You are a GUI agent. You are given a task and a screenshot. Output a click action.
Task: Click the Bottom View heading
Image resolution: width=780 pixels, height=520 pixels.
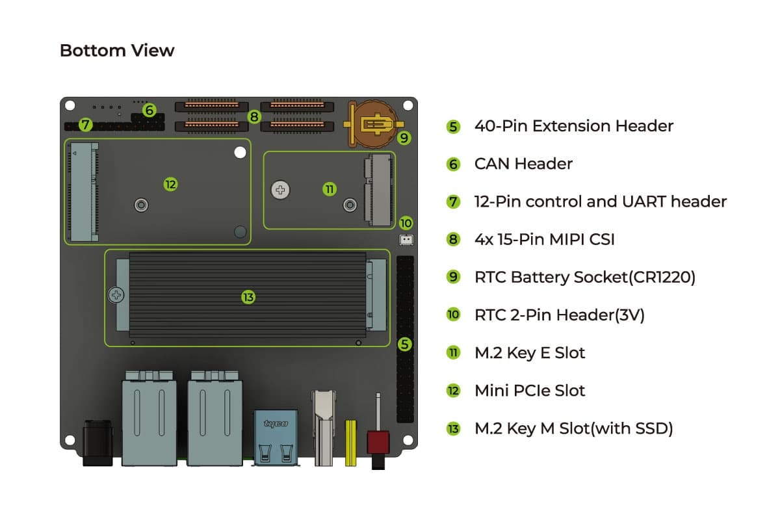click(x=117, y=51)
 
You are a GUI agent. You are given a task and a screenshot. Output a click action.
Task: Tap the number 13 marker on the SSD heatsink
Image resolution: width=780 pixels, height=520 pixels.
click(x=248, y=297)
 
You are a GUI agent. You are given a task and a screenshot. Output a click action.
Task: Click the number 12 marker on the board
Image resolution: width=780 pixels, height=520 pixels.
click(x=170, y=185)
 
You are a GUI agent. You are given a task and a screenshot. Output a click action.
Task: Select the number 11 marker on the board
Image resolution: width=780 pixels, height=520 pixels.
click(x=329, y=189)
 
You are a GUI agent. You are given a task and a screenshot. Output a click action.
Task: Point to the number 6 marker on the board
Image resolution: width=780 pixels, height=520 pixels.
click(x=149, y=110)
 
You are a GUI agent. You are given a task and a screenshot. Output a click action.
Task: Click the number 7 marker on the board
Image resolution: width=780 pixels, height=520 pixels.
click(x=86, y=124)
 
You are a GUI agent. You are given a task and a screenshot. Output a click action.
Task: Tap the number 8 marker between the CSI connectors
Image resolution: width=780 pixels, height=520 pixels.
click(x=254, y=117)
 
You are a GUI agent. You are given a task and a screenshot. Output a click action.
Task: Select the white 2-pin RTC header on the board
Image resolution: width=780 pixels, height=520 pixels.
click(x=406, y=239)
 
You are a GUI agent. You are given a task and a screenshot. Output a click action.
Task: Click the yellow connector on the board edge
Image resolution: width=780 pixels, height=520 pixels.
click(x=351, y=443)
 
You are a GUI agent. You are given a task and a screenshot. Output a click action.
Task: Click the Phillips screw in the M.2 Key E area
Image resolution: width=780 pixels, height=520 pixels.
click(x=281, y=190)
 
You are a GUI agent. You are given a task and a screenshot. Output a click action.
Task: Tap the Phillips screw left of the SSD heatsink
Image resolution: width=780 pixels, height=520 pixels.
click(x=116, y=295)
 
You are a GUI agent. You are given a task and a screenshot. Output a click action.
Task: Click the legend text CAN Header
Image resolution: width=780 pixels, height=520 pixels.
click(x=523, y=164)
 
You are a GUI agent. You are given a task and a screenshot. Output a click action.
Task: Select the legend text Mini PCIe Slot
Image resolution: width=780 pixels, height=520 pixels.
click(x=530, y=391)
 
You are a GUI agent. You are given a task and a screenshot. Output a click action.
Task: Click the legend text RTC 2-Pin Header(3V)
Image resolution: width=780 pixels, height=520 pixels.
click(x=559, y=315)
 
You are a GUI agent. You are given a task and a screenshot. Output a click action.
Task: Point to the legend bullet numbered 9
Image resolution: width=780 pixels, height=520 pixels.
click(x=453, y=278)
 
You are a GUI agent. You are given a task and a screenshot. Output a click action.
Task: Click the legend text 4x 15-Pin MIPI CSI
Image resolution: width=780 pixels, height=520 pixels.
click(x=544, y=240)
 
